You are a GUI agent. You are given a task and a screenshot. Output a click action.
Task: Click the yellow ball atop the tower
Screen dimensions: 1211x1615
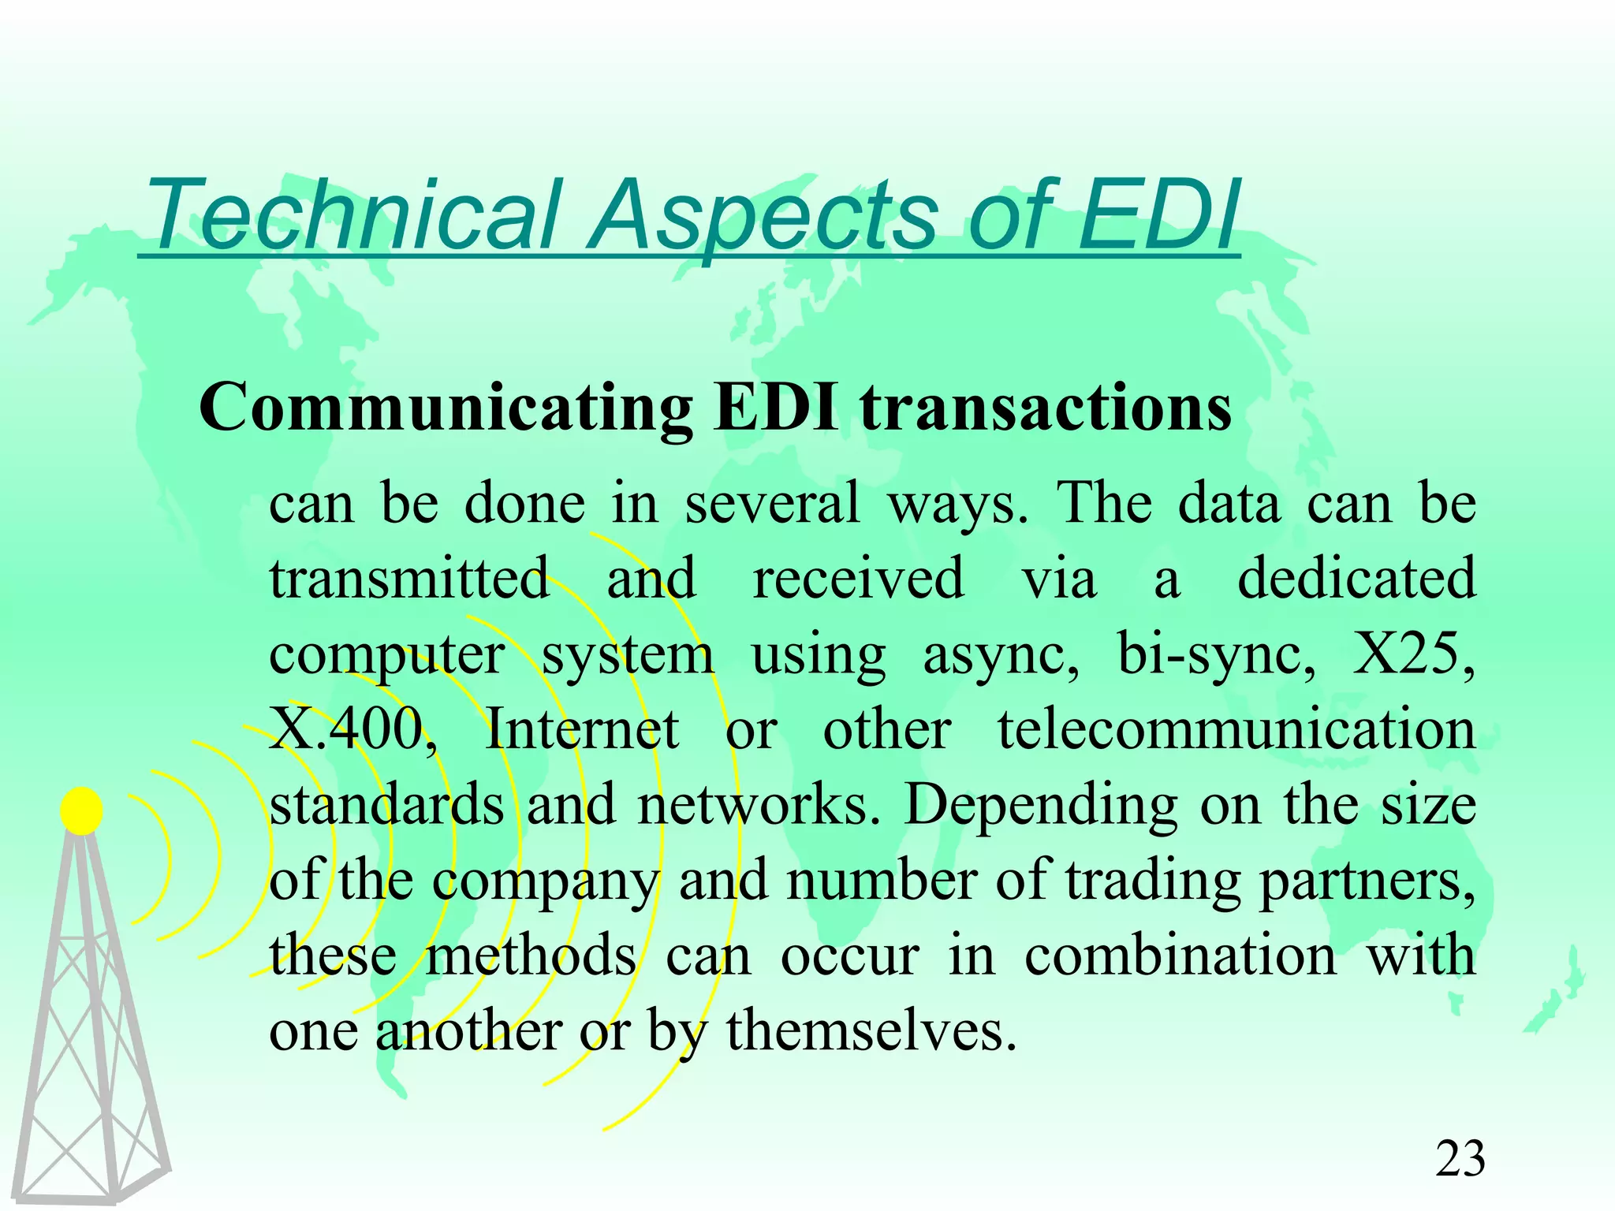[x=81, y=810]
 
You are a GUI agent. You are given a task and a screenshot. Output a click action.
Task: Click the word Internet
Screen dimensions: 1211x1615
[x=582, y=729]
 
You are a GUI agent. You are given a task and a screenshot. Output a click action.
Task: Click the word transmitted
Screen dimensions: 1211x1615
[x=409, y=579]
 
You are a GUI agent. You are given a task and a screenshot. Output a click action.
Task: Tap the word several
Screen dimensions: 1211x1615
[x=772, y=503]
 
